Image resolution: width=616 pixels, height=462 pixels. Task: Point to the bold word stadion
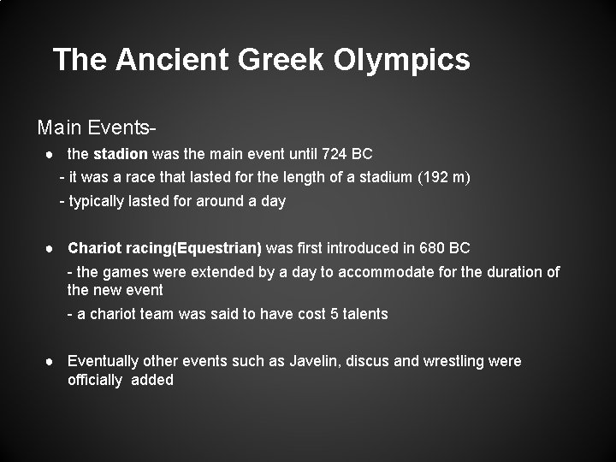[120, 155]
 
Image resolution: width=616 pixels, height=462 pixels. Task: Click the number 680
[433, 248]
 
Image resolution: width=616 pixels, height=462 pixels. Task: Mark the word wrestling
[454, 361]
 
